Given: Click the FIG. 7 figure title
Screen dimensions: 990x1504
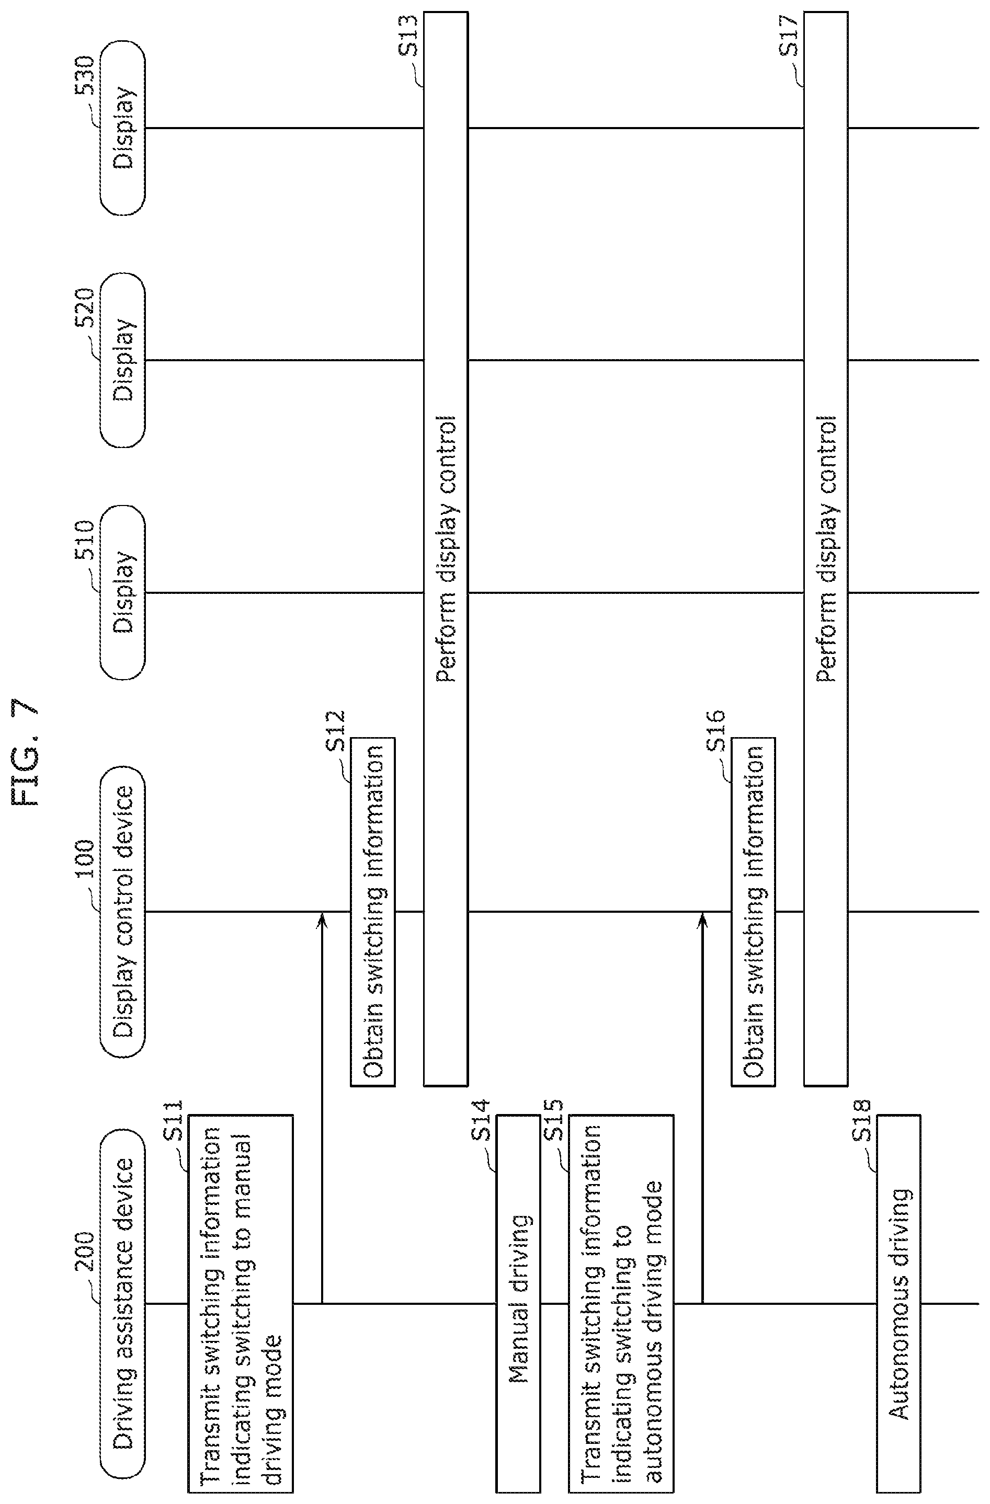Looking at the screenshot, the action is coord(27,752).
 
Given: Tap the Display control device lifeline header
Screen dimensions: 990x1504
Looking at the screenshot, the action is coord(122,912).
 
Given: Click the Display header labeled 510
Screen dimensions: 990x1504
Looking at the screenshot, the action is coord(122,592).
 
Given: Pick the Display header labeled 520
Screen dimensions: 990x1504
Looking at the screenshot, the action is coord(122,360).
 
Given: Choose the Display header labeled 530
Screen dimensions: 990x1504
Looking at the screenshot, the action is coord(122,128).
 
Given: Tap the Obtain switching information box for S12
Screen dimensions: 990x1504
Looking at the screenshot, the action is coord(373,912).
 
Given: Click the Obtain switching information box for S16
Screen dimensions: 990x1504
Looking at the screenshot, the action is coord(754,912).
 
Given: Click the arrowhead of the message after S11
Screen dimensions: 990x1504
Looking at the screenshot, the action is coord(322,917).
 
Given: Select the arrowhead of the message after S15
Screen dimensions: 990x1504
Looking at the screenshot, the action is coord(702,917).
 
